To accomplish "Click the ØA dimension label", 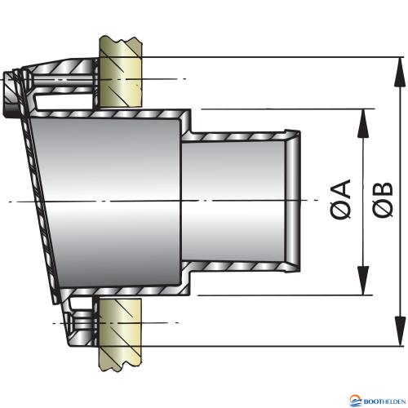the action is pos(340,199).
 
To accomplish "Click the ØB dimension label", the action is pos(383,199).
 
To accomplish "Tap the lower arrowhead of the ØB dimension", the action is pos(399,331).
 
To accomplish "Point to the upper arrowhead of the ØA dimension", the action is pos(363,124).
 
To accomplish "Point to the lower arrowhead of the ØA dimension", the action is pos(363,281).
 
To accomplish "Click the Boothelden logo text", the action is pos(384,401).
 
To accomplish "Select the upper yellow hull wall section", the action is pos(120,71).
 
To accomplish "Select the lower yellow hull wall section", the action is pos(120,335).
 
